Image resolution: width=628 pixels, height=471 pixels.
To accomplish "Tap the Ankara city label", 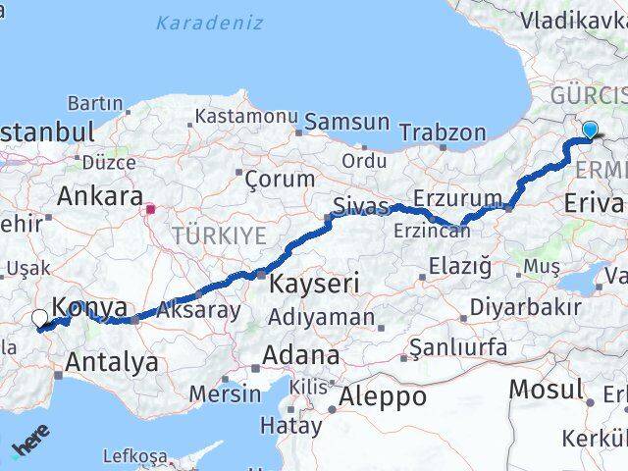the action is pyautogui.click(x=100, y=195).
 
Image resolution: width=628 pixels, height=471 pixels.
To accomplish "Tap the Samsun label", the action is pyautogui.click(x=346, y=122).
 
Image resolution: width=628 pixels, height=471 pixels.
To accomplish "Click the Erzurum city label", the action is pyautogui.click(x=457, y=198).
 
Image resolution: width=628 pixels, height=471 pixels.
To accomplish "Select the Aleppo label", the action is pyautogui.click(x=383, y=396).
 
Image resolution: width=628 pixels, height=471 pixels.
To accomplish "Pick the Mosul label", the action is pyautogui.click(x=545, y=388).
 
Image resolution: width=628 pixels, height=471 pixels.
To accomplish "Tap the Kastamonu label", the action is pyautogui.click(x=245, y=116).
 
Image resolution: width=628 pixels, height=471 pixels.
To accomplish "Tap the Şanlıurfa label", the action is pyautogui.click(x=458, y=347).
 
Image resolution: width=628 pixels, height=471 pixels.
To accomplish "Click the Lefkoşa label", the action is pyautogui.click(x=133, y=456).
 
